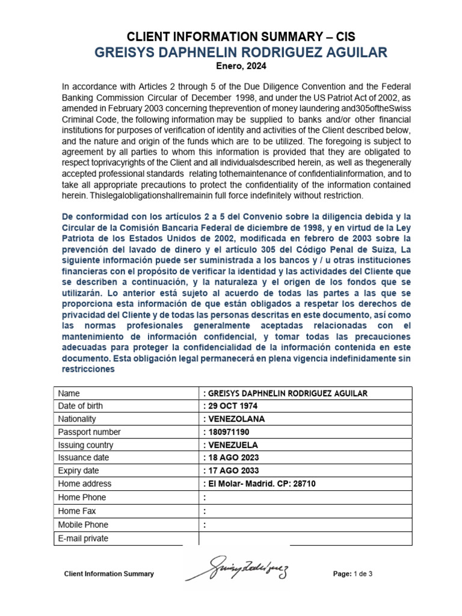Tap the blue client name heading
click(241, 53)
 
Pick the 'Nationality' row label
click(77, 419)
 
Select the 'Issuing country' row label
click(85, 445)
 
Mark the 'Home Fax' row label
click(78, 511)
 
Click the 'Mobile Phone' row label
click(83, 525)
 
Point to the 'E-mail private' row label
click(83, 538)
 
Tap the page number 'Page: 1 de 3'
click(353, 574)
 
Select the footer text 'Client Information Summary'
click(109, 574)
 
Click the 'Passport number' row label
click(89, 432)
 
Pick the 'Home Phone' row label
click(82, 497)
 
